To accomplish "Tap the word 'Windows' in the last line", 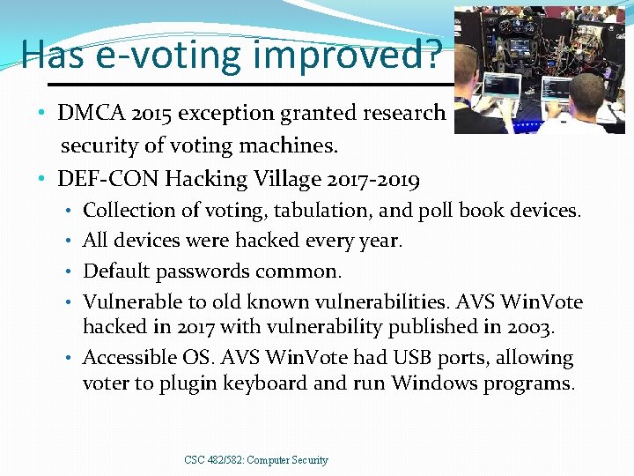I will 431,383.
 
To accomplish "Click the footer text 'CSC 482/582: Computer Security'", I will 256,459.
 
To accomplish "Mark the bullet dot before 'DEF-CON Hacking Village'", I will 41,180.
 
